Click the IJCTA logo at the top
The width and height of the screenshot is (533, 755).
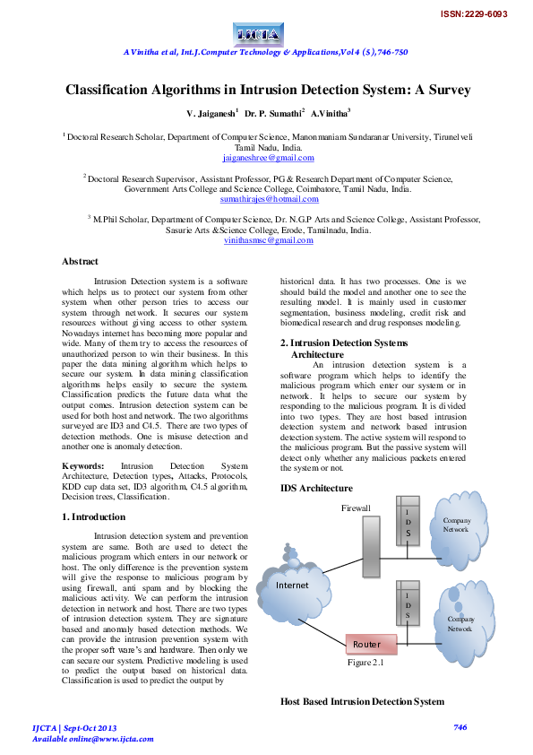point(258,34)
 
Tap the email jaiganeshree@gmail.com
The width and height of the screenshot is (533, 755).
point(268,158)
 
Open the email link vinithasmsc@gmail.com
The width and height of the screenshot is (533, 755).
point(268,239)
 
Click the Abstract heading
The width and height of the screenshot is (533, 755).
point(80,261)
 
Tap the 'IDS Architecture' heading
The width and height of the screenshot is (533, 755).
point(316,488)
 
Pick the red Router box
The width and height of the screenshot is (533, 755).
point(365,645)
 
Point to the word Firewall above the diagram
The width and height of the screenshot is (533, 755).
point(355,508)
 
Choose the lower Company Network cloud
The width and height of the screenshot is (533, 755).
point(460,622)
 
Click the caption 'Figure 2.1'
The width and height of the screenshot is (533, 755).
point(365,663)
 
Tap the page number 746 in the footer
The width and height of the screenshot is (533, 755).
point(460,727)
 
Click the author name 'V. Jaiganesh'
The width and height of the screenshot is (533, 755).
point(212,115)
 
